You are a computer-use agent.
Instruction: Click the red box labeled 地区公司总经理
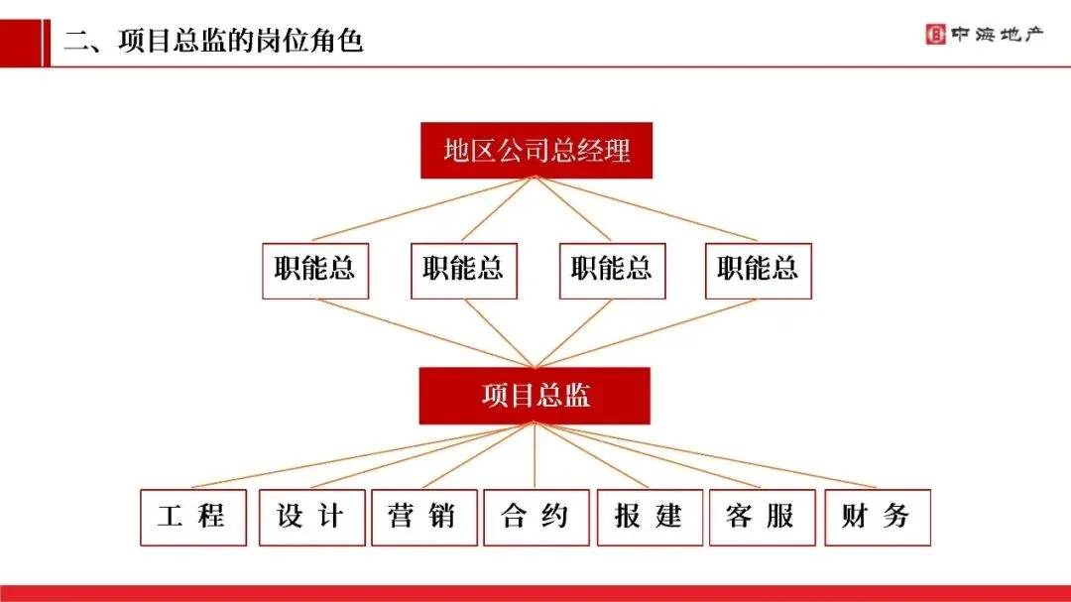536,151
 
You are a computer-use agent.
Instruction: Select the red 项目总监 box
535,396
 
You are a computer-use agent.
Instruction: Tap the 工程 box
192,517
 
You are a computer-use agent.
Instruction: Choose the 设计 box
311,517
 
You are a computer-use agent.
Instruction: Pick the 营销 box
423,517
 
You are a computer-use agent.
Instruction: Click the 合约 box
535,517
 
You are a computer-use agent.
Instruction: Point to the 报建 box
650,517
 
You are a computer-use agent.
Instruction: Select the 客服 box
762,517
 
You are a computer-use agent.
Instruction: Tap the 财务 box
877,517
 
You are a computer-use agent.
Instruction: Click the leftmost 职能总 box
315,269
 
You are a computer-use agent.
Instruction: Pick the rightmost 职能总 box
759,269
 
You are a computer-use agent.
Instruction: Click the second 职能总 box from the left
463,269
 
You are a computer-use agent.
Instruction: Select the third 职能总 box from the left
612,269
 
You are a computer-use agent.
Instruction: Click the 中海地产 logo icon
935,35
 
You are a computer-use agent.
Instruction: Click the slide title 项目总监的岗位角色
213,41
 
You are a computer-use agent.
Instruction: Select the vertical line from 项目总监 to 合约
535,456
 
